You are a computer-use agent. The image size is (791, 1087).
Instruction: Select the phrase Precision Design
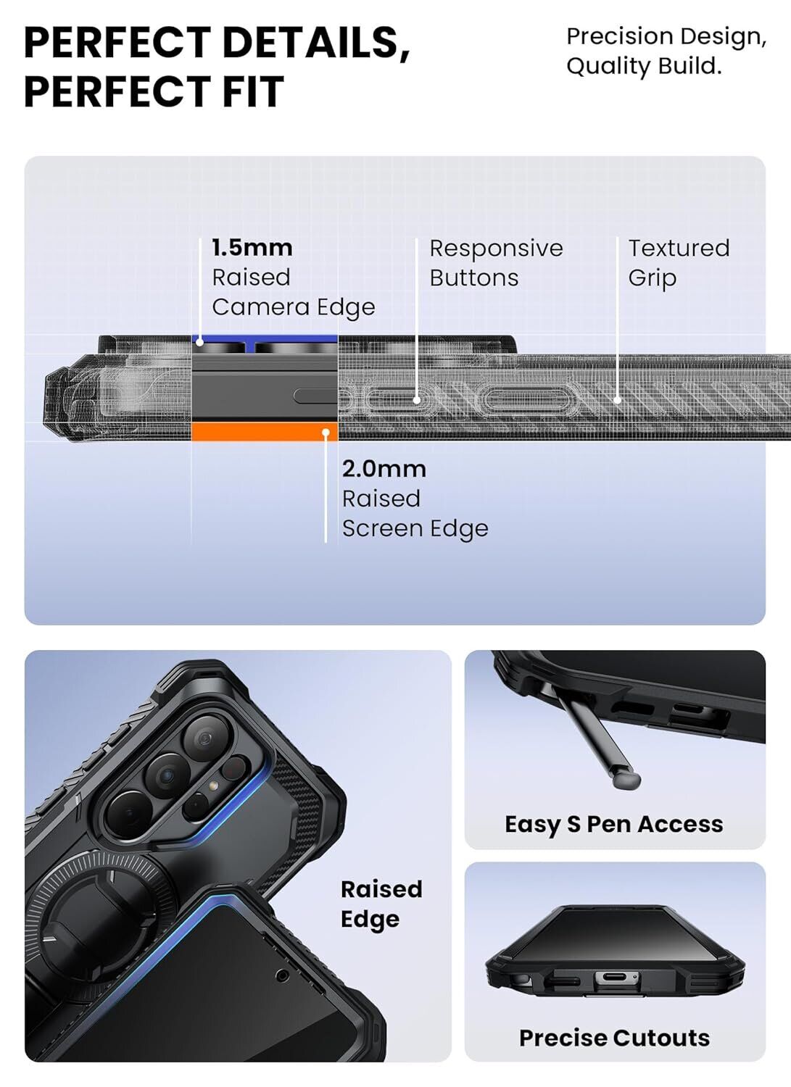pos(666,36)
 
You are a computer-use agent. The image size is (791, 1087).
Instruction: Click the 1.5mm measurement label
pos(252,248)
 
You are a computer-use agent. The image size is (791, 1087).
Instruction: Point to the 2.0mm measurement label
pos(384,469)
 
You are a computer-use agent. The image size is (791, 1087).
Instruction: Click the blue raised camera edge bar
pos(264,338)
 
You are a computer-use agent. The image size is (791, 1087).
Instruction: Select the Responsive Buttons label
pos(495,263)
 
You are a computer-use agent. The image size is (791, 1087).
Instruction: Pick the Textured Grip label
pos(678,263)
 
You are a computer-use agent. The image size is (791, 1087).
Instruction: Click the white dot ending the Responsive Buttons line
pos(417,399)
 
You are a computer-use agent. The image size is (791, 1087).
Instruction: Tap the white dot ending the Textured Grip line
pos(617,399)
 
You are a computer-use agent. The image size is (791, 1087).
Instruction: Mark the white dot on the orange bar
pos(326,433)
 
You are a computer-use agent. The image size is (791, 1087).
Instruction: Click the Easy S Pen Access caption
pos(613,824)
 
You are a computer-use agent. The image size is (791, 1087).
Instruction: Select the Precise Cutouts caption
pos(614,1038)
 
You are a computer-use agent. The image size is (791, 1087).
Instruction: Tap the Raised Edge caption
pos(381,904)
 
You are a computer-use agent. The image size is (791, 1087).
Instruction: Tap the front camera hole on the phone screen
pos(283,975)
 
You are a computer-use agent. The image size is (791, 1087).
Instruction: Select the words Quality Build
pos(644,66)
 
